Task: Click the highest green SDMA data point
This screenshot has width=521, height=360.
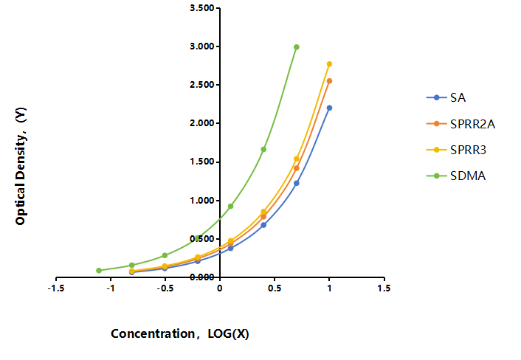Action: pos(297,47)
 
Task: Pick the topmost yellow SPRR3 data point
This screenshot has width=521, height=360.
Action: pos(329,64)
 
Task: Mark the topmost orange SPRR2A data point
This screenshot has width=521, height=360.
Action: pos(329,81)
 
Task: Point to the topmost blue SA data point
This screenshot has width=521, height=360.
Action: pos(329,108)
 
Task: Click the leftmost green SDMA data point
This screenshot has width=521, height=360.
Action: pos(99,270)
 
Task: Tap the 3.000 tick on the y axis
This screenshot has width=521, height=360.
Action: pos(202,46)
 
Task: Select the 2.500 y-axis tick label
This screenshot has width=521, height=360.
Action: pos(202,85)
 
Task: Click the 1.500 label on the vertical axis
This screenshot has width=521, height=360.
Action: pos(202,162)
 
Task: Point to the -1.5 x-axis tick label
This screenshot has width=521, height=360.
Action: pos(56,288)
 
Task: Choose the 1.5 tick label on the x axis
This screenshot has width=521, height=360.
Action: pos(384,288)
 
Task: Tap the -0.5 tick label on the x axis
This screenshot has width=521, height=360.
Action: pos(165,288)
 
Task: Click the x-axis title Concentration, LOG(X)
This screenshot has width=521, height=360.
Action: pos(180,333)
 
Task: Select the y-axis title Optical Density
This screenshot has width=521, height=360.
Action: pos(21,166)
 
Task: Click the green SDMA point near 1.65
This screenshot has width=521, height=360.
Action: pos(263,150)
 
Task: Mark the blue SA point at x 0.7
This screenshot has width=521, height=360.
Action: pos(297,183)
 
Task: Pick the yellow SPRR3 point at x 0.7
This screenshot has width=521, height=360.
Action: pos(297,159)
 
